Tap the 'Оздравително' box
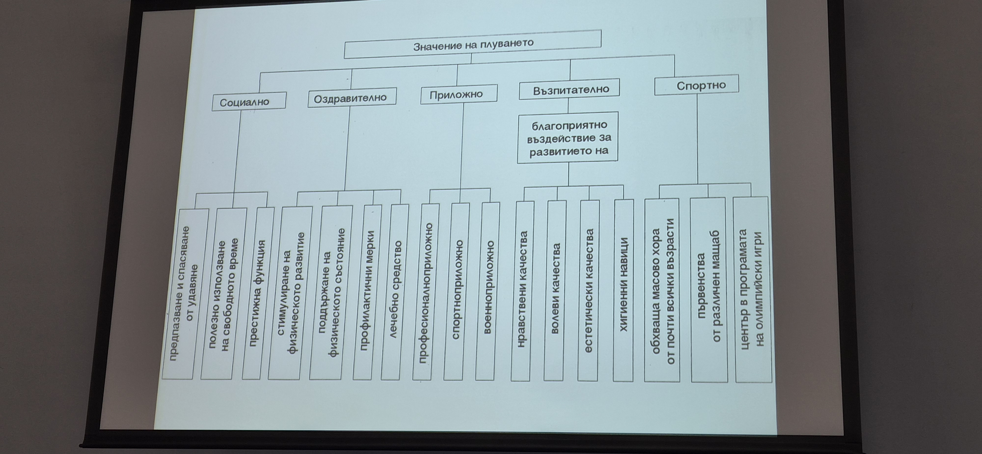tap(352, 98)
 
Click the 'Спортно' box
tap(696, 85)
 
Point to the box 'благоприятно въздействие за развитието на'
tap(568, 137)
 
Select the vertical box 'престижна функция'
tap(258, 293)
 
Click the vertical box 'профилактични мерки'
tap(367, 293)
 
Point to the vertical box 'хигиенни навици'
tap(624, 290)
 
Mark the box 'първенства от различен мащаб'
tap(708, 290)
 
